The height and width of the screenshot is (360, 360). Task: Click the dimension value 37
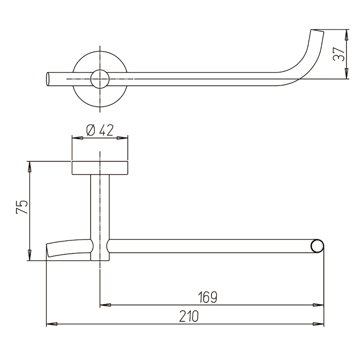(x=339, y=54)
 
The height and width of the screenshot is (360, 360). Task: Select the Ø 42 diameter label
(x=100, y=130)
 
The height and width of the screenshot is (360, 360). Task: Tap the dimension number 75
(x=22, y=207)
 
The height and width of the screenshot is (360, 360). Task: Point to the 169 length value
(x=207, y=297)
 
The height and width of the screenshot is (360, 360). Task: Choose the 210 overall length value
(x=189, y=316)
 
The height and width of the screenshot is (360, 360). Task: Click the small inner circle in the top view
(x=100, y=79)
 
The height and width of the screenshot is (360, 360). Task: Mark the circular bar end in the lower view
(x=318, y=246)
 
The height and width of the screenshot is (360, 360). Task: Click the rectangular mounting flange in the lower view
(x=100, y=168)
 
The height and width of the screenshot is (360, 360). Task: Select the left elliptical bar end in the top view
(x=48, y=79)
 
